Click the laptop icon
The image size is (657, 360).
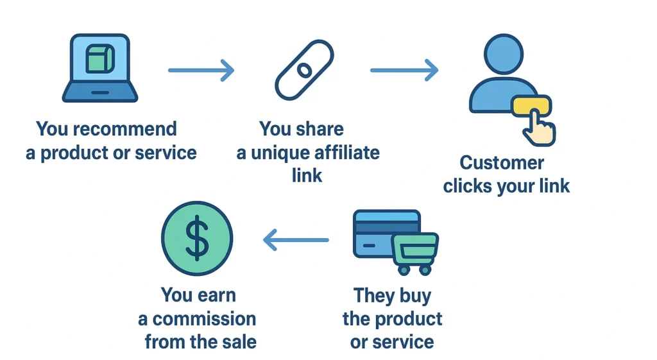point(99,69)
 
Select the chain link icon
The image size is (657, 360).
point(304,69)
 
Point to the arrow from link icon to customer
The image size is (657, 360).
point(404,70)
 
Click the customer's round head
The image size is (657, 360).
point(504,53)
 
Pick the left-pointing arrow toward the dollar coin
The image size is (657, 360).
point(296,241)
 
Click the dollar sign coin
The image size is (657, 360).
point(197,239)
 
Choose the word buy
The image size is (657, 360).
point(414,296)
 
